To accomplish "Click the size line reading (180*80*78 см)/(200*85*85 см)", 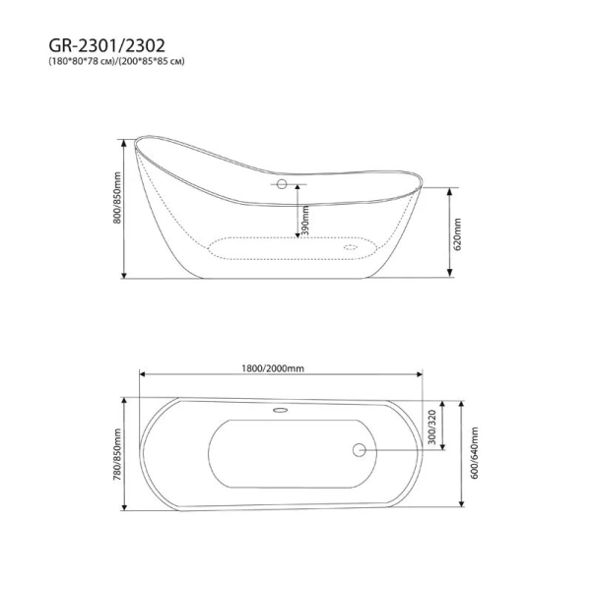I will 116,62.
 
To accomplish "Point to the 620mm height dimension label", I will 458,233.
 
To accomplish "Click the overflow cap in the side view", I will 282,183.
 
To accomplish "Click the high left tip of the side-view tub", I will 135,140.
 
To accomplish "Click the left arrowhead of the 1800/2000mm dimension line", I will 140,375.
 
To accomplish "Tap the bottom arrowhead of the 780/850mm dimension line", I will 124,509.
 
